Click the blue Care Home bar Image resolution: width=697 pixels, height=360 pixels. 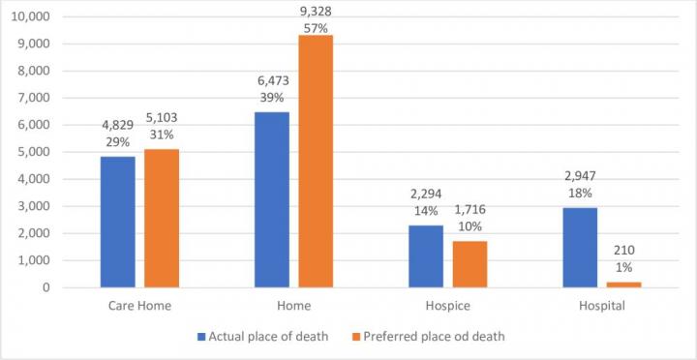click(x=118, y=222)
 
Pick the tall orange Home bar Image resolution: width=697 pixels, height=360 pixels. click(x=316, y=161)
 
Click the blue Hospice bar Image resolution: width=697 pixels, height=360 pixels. click(x=426, y=256)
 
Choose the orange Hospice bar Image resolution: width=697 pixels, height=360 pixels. click(x=470, y=264)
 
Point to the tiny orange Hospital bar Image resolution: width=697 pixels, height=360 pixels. click(x=624, y=285)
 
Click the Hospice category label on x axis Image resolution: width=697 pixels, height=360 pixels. click(x=448, y=305)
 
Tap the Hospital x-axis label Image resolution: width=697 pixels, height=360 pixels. click(x=602, y=305)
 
